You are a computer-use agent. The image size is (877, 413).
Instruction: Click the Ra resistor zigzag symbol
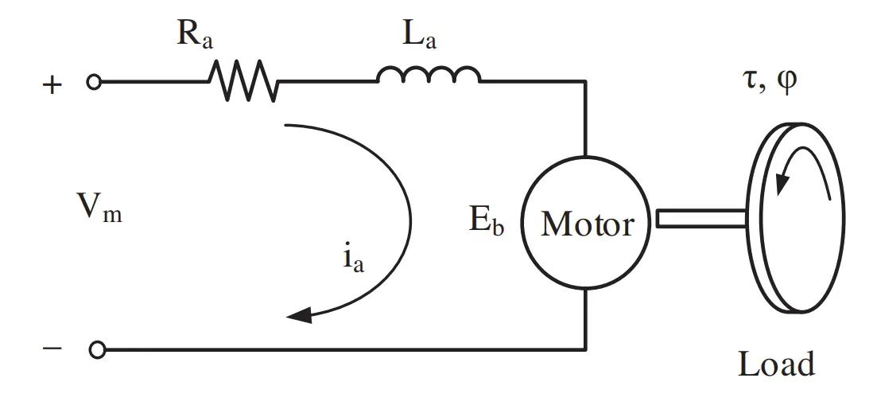243,81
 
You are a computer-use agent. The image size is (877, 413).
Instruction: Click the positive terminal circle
94,81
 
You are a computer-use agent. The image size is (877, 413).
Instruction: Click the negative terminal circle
97,349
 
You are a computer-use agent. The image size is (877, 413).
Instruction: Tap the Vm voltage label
99,208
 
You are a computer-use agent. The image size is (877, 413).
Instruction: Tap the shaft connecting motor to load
700,217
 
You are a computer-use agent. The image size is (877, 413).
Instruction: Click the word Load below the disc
776,364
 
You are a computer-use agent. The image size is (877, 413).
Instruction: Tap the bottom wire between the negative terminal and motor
342,349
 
